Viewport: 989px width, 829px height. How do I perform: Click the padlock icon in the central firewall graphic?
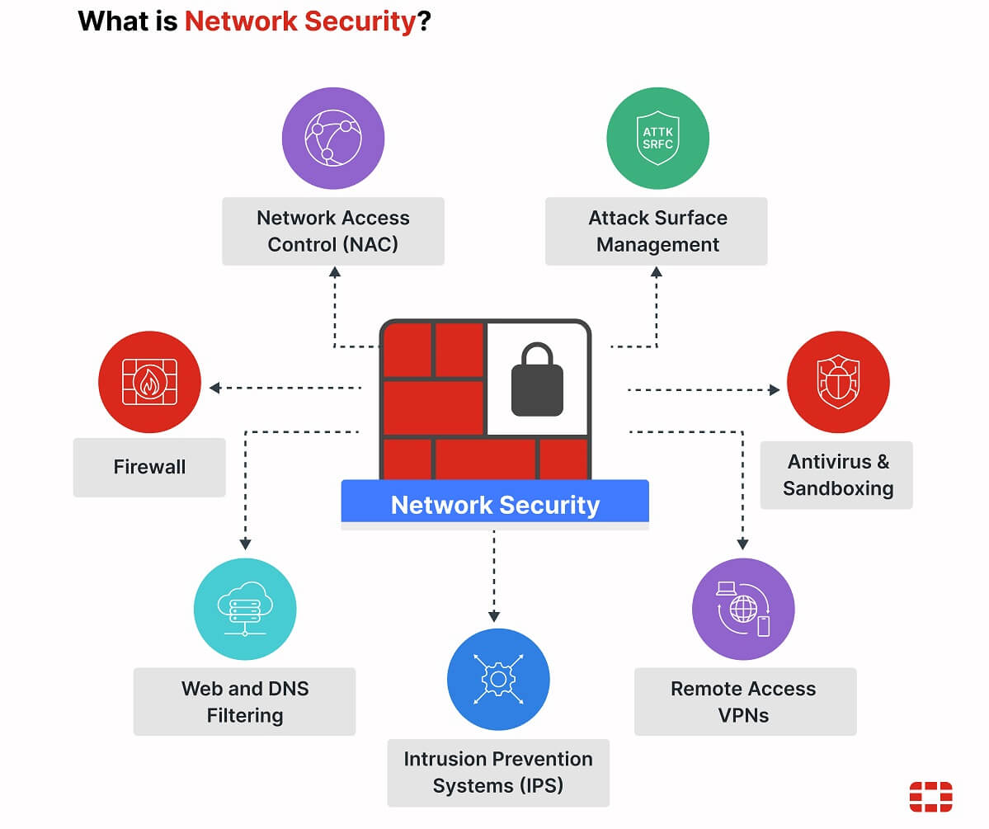537,380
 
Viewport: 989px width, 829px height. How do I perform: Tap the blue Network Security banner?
495,504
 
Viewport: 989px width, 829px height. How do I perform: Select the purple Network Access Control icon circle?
333,139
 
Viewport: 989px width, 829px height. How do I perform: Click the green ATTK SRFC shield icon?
657,139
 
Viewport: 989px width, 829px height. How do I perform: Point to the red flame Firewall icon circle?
149,382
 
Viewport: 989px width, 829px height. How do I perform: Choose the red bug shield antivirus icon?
837,382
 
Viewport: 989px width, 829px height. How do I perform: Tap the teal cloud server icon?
245,610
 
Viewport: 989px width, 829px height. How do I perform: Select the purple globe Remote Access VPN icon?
742,610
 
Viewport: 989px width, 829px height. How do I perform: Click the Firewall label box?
149,467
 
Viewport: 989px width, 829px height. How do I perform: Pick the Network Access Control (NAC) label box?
333,231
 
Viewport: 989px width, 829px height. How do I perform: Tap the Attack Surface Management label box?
657,231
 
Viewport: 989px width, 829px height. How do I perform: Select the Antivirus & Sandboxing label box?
836,474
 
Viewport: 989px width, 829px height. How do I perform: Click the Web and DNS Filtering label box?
245,701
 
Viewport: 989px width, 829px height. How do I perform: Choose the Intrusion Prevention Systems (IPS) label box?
498,772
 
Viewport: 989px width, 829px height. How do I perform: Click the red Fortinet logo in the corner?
930,797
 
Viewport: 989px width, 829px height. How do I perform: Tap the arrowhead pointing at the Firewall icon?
214,388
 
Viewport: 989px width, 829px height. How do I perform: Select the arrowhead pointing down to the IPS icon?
494,615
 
